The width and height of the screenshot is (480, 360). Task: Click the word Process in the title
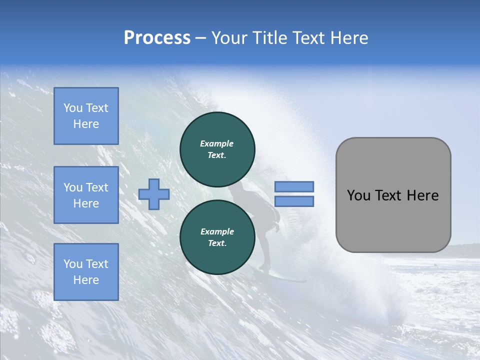pos(157,38)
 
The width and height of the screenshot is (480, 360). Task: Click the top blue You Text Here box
pos(86,116)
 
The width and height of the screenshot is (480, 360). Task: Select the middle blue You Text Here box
pos(86,195)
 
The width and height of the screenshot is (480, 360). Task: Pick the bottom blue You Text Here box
pos(86,272)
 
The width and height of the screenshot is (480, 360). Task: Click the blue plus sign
pos(154,194)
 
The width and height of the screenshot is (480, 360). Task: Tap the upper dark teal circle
pos(217,149)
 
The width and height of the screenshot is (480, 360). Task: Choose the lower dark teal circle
pos(217,237)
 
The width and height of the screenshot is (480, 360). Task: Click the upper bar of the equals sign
pos(294,186)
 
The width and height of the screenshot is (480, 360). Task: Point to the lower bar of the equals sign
pos(294,201)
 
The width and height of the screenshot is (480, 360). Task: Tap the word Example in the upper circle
pos(217,143)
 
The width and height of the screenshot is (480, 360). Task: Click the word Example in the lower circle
pos(217,231)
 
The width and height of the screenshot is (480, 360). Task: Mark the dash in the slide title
pos(201,38)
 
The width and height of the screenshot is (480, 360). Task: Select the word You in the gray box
pos(358,195)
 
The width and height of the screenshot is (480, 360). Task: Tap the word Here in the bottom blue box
pos(86,280)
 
